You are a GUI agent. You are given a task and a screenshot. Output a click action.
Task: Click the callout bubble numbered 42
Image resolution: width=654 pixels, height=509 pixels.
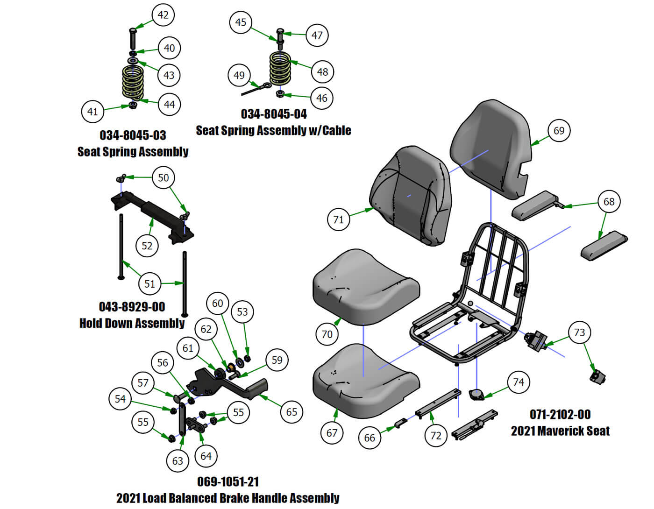[163, 15]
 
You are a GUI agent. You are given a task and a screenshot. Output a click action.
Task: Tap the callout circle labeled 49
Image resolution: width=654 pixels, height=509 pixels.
[239, 75]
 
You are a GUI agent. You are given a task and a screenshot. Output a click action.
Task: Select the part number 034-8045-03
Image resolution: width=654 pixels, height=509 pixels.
[133, 135]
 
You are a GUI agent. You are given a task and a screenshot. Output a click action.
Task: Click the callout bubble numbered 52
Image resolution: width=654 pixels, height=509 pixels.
[147, 246]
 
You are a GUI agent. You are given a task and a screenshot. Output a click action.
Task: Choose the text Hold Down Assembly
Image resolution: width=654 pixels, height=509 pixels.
[132, 323]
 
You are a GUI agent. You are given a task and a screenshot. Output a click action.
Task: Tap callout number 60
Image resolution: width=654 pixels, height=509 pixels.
[218, 303]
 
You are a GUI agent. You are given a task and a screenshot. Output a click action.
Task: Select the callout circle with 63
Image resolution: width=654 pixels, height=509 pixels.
[178, 461]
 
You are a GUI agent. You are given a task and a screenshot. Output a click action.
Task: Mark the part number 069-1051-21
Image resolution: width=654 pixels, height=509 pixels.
[228, 481]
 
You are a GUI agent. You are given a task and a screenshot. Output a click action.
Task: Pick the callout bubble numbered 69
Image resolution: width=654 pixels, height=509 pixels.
[559, 131]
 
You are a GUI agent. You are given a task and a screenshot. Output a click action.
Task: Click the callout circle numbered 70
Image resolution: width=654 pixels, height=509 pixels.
[327, 334]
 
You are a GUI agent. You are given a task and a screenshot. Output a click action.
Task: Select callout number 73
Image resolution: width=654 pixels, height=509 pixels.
[579, 332]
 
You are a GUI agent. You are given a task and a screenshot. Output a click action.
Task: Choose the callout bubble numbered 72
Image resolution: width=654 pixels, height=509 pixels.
[435, 435]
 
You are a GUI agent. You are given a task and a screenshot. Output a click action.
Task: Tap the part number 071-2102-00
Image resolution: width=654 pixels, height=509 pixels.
[560, 415]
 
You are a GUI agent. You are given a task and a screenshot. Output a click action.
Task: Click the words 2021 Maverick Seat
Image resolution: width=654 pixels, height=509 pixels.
[560, 431]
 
